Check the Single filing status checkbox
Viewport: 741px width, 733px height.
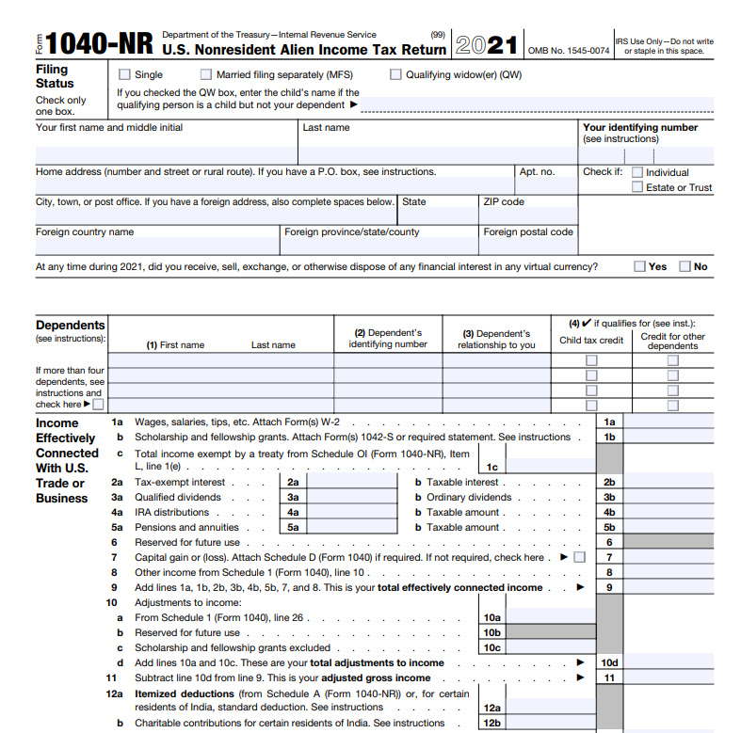tap(125, 74)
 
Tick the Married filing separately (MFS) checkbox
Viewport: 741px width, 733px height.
tap(206, 74)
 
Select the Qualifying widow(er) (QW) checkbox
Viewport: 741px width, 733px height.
tap(395, 74)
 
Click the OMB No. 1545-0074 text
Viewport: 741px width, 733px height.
tap(569, 50)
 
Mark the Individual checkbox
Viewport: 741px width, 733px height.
tap(637, 172)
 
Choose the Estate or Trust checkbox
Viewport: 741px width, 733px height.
tap(637, 187)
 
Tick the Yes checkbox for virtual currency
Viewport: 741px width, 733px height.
tap(640, 266)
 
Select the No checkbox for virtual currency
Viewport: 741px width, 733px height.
tap(685, 266)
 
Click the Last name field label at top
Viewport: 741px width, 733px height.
tap(326, 127)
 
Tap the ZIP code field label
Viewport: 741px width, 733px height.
tap(504, 201)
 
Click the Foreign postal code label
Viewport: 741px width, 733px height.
tap(527, 231)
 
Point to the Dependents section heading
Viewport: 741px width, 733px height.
tap(71, 325)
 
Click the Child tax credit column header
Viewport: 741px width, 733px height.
tap(591, 340)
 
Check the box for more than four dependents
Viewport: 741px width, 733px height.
tap(99, 405)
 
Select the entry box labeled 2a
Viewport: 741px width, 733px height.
tap(340, 482)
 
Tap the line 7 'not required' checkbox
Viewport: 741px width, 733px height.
tap(579, 557)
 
